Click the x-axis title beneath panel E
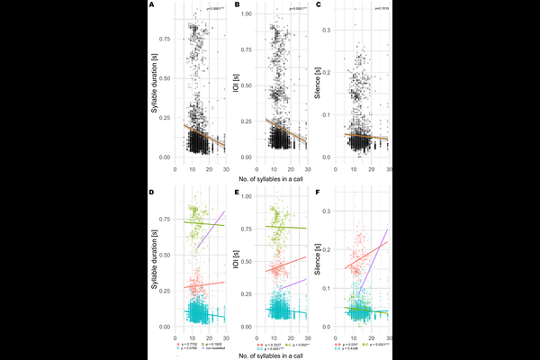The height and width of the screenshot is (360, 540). [x=271, y=357]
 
